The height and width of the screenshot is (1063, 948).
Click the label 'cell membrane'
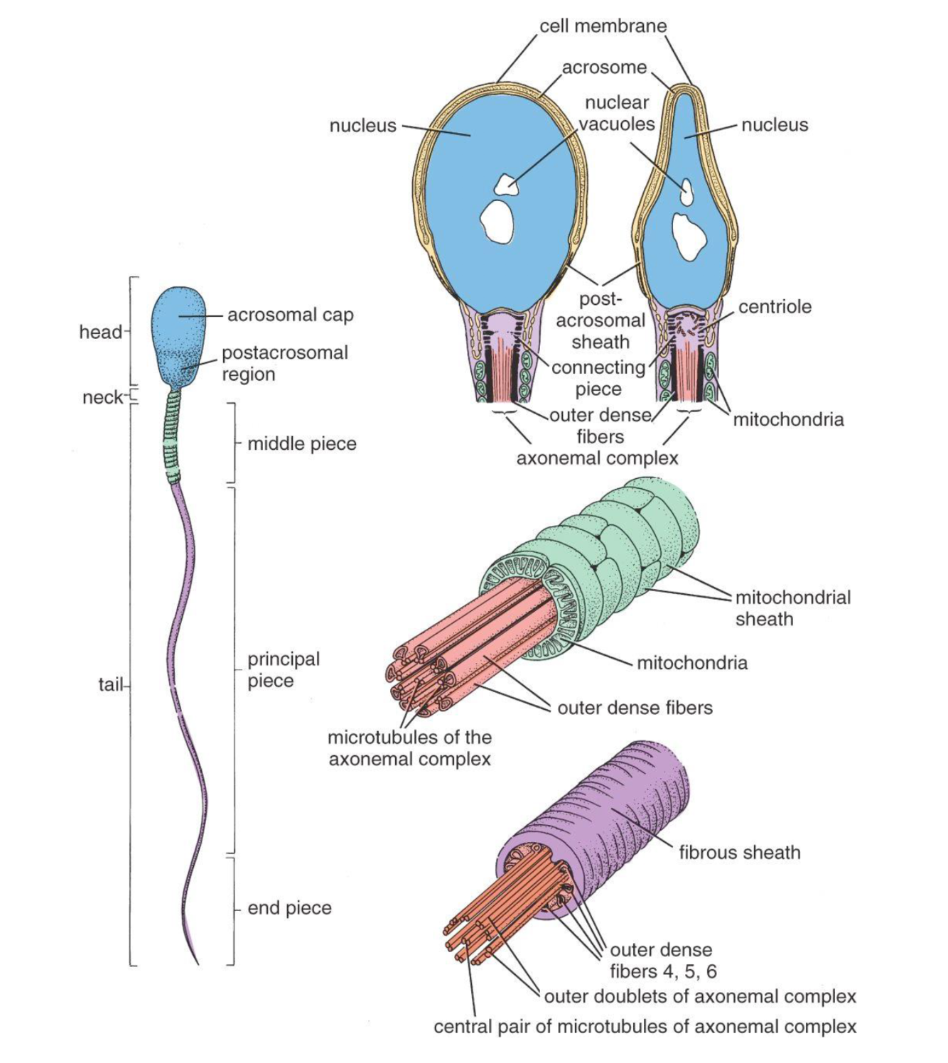click(x=603, y=26)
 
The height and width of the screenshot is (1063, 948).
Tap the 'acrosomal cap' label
click(x=290, y=315)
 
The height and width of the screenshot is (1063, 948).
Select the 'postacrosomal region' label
click(x=284, y=363)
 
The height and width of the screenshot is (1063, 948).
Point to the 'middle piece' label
click(x=301, y=444)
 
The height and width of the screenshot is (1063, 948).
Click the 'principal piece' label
click(x=283, y=669)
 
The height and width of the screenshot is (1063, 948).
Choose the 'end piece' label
click(x=289, y=908)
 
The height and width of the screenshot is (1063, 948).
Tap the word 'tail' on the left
click(x=110, y=685)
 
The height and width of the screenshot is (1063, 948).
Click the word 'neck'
click(x=102, y=397)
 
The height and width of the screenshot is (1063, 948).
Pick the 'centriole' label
click(x=775, y=307)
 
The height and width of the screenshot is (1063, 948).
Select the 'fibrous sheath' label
click(x=739, y=853)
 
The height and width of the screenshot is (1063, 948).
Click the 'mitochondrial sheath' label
click(x=792, y=608)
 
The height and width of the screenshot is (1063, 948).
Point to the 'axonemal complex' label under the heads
click(x=597, y=458)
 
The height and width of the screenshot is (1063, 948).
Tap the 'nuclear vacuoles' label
click(x=616, y=113)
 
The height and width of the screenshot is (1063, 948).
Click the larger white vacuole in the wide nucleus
click(x=498, y=220)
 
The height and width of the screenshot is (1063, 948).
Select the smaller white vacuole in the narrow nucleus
click(x=686, y=190)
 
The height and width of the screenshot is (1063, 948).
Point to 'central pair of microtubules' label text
click(x=645, y=1027)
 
